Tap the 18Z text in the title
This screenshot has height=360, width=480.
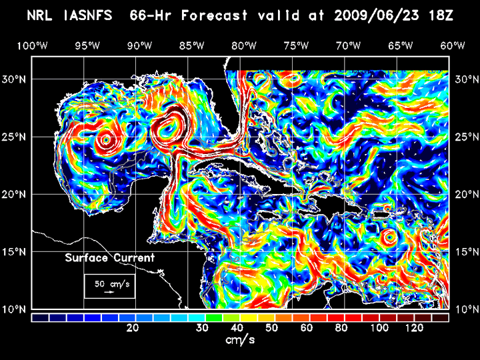(441, 15)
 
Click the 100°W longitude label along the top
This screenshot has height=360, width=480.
(32, 45)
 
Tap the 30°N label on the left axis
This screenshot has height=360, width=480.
(15, 79)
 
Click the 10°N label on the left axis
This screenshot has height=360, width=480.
(15, 309)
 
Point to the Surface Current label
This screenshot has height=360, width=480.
(110, 258)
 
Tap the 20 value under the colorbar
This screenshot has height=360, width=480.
(133, 328)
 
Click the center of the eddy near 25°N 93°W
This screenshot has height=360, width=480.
(105, 141)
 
